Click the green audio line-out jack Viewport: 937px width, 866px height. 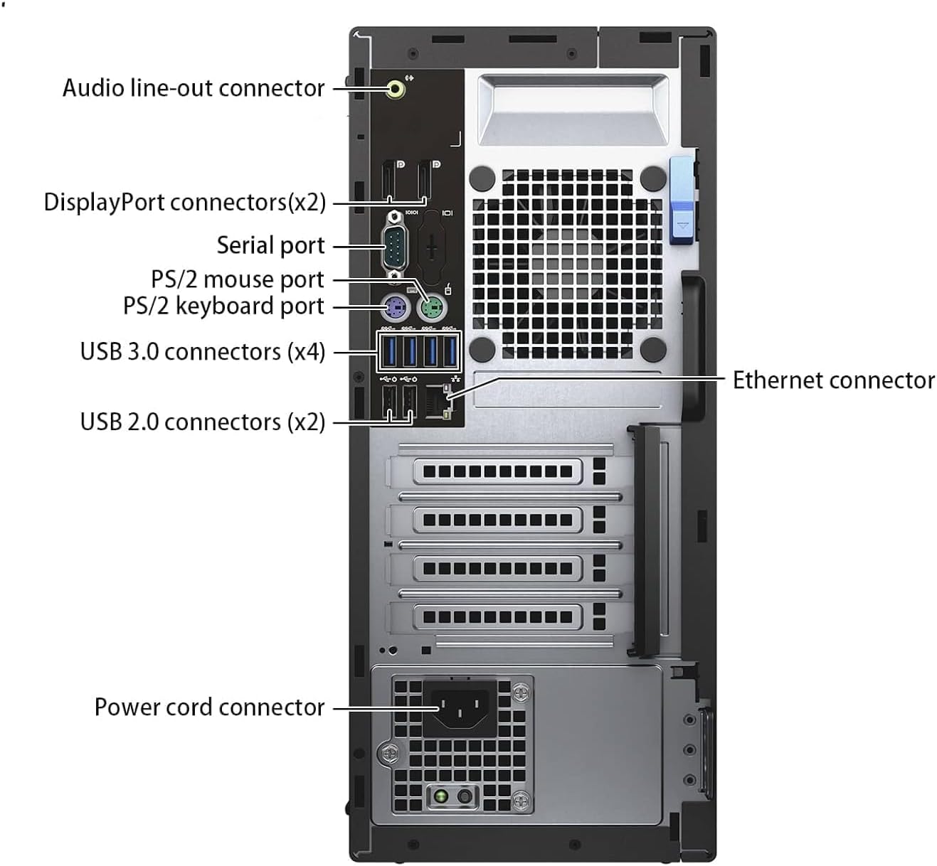point(396,90)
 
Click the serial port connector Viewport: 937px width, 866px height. point(395,245)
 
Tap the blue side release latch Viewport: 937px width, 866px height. point(681,201)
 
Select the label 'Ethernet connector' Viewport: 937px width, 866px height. point(833,380)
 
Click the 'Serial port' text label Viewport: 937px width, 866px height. point(270,245)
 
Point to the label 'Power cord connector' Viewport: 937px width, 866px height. point(209,707)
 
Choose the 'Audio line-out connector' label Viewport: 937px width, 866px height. point(194,88)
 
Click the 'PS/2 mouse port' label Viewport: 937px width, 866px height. point(237,279)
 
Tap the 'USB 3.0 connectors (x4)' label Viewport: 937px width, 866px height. point(202,352)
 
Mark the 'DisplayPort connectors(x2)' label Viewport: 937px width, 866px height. point(184,203)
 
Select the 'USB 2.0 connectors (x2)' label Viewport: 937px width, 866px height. point(202,422)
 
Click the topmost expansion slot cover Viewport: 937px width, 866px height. point(497,471)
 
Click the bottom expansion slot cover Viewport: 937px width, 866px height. point(497,617)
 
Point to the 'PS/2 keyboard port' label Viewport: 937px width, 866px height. point(223,306)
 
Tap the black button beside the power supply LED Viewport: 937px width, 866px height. point(465,796)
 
